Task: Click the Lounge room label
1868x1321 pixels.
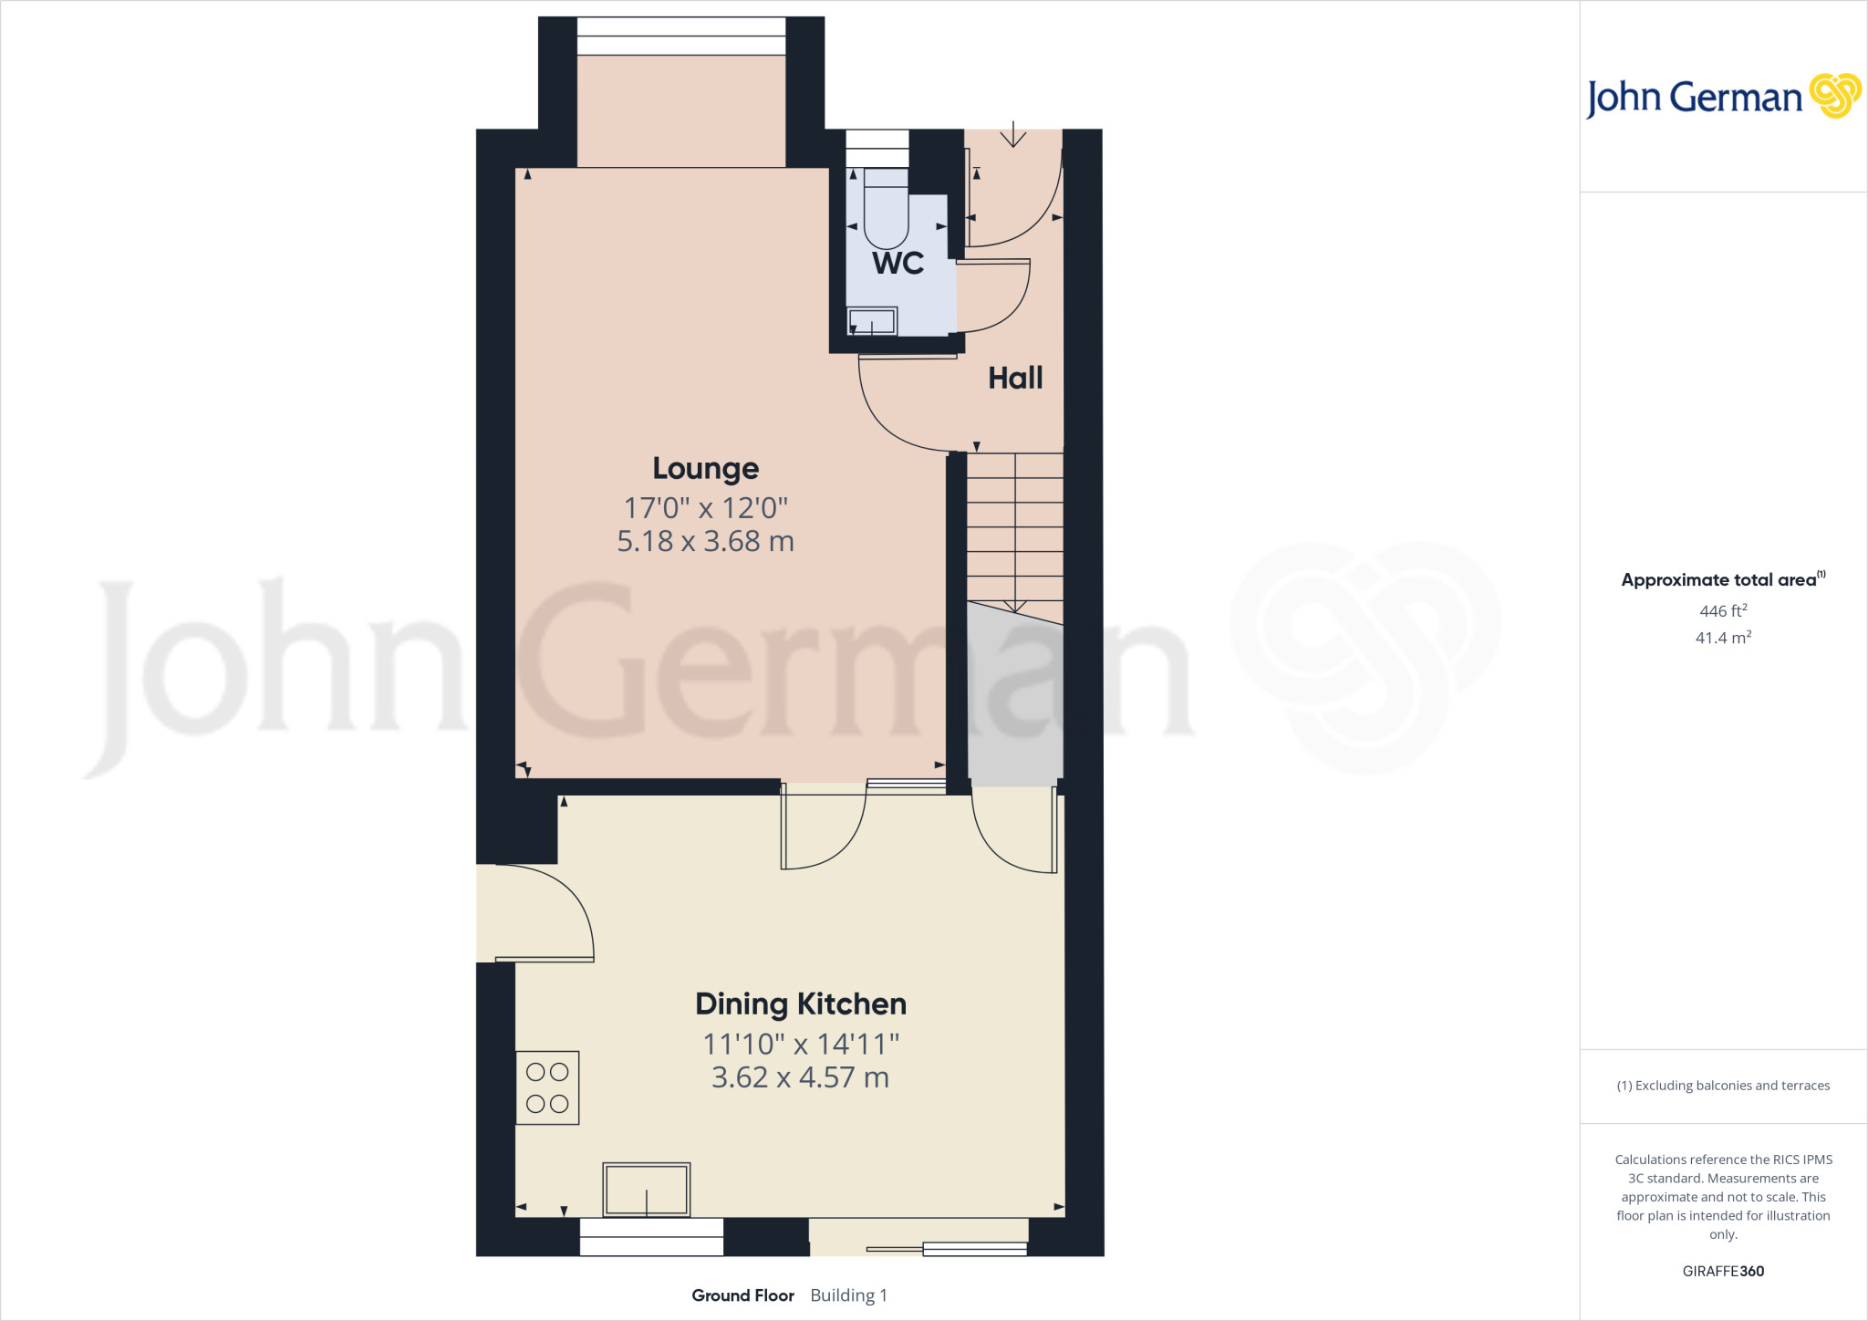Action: [705, 469]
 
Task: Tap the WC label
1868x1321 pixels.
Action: [898, 264]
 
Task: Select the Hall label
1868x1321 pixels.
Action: [1015, 379]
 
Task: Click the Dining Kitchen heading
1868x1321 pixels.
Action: [801, 1004]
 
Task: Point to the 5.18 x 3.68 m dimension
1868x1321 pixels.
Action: [705, 542]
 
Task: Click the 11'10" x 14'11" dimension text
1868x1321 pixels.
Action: [801, 1044]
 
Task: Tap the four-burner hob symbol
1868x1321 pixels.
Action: [547, 1087]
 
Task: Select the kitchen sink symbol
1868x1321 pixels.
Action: [646, 1190]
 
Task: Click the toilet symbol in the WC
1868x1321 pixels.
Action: [886, 210]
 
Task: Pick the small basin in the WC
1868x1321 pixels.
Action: [873, 321]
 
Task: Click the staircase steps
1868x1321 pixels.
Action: [1015, 529]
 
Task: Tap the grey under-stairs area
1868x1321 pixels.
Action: [1014, 702]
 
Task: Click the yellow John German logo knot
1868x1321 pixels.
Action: [1834, 96]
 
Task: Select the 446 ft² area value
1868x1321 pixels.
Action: [1723, 611]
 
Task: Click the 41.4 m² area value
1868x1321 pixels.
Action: [1723, 638]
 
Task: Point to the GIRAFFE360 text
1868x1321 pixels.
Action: [1723, 1271]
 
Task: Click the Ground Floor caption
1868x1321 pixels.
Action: [742, 1295]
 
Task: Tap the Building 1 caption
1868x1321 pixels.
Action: [848, 1295]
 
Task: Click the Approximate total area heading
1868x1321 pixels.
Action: [1719, 580]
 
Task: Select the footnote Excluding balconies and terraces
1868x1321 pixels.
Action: [1723, 1086]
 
